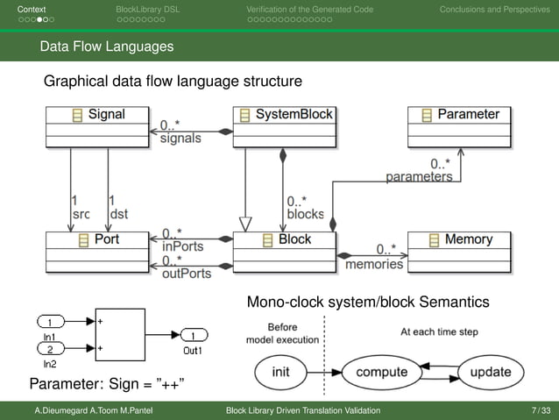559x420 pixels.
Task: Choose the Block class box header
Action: (x=284, y=239)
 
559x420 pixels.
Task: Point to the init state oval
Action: (x=280, y=372)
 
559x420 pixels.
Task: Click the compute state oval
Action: (x=380, y=372)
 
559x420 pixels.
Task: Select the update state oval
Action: (x=490, y=372)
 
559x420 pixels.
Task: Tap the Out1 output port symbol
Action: (x=194, y=335)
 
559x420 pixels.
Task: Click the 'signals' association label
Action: (x=180, y=138)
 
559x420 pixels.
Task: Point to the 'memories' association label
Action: (x=374, y=263)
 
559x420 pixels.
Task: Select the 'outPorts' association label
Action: (x=187, y=274)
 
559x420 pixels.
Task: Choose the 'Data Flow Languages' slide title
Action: (x=106, y=46)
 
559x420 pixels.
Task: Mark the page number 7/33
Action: (x=541, y=410)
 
